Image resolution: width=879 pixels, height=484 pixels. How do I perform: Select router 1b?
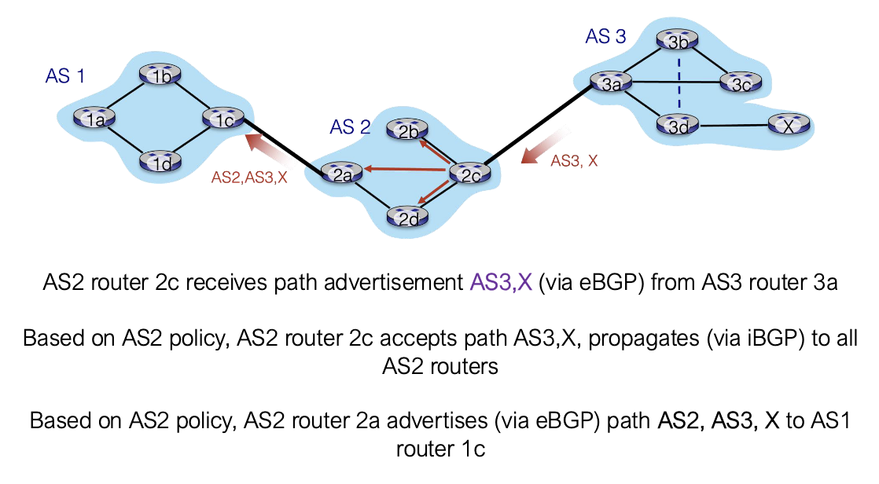160,75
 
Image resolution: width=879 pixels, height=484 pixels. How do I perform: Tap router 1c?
223,119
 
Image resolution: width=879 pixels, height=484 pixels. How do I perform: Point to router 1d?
160,163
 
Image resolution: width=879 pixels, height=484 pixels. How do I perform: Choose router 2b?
408,131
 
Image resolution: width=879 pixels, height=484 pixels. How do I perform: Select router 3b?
678,41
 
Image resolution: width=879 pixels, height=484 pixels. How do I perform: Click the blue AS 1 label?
65,76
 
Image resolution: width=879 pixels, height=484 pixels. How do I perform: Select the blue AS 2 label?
350,127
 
